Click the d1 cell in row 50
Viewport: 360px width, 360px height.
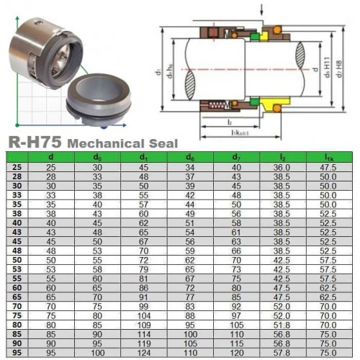click(x=144, y=259)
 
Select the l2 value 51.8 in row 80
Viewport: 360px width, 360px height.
click(x=282, y=325)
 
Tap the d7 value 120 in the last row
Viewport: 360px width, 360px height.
click(x=235, y=353)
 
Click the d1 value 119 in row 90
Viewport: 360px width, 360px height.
click(x=144, y=343)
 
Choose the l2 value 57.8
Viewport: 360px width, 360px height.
click(x=282, y=353)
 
